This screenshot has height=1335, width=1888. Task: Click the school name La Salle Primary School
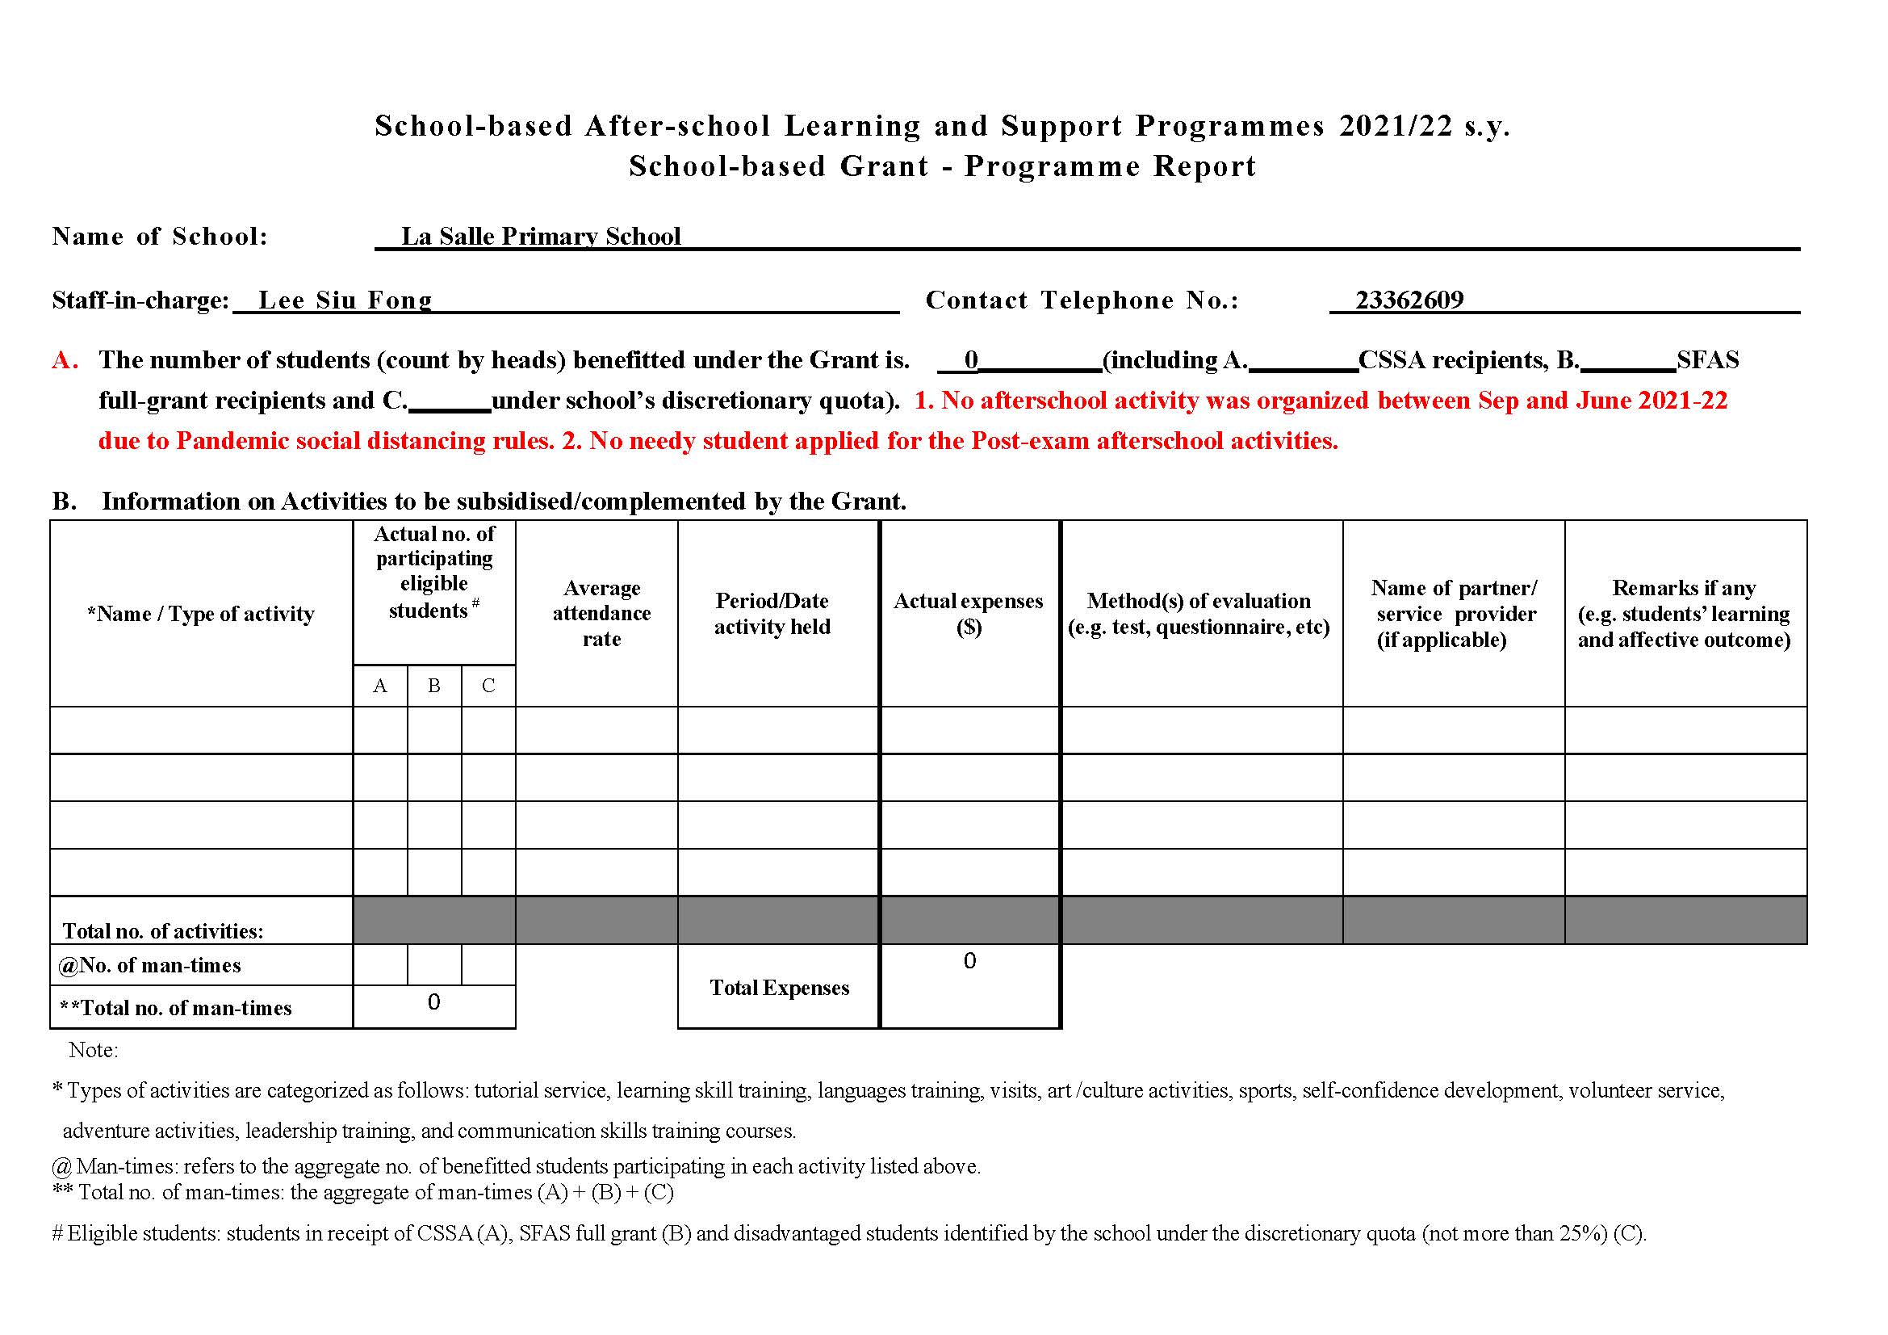[x=540, y=237]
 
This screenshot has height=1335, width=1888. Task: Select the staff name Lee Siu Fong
[x=345, y=300]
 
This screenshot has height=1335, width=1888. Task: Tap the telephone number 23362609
[x=1409, y=300]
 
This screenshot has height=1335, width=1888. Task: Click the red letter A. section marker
[x=65, y=360]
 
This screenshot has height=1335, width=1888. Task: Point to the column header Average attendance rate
[x=601, y=614]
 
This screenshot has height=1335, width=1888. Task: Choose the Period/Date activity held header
[x=772, y=614]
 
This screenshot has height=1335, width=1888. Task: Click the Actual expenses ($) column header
[x=968, y=614]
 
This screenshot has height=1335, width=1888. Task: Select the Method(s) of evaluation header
[x=1198, y=614]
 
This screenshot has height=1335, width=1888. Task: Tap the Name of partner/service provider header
[x=1453, y=614]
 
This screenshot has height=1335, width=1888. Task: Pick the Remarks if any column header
[x=1683, y=614]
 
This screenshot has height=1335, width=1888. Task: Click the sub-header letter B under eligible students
[x=434, y=686]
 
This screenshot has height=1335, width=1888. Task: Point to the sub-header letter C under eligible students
[x=488, y=686]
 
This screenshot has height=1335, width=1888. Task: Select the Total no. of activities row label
[x=163, y=931]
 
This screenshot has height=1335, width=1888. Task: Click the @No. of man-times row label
[x=149, y=966]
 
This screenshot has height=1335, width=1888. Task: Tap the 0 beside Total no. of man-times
[x=434, y=1003]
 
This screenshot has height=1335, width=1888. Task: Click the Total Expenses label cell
[x=779, y=988]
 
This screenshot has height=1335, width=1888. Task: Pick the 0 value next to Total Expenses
[x=969, y=962]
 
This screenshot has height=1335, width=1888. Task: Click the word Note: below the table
[x=93, y=1051]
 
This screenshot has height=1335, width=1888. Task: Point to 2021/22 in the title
[x=1396, y=126]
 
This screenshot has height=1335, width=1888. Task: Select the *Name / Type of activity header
[x=201, y=615]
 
